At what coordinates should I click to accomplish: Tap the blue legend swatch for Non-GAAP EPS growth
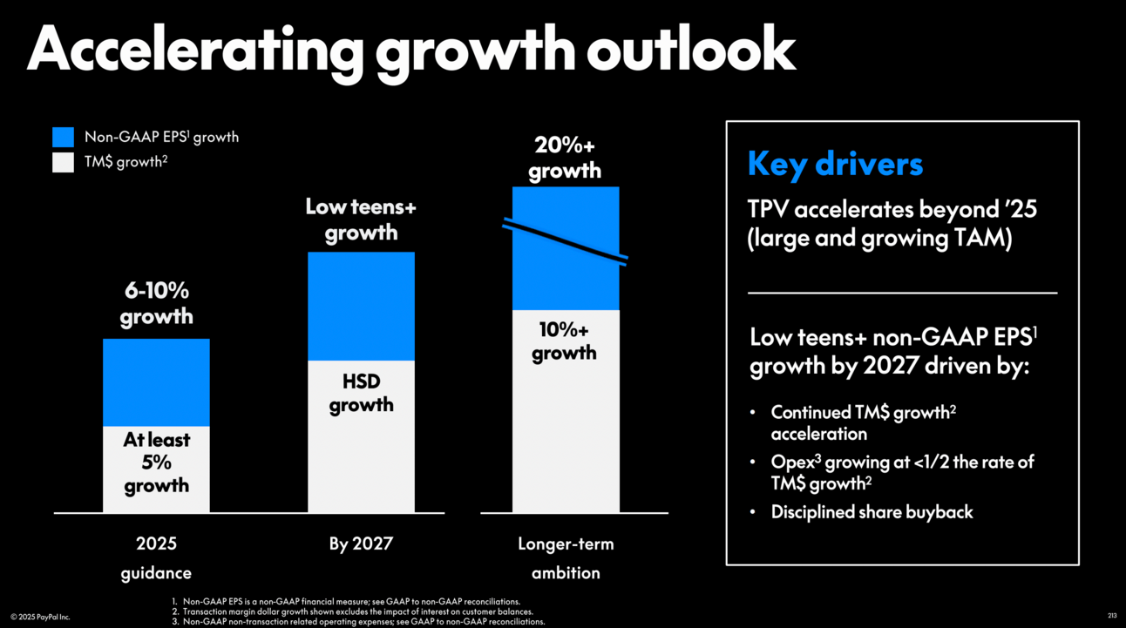pos(63,137)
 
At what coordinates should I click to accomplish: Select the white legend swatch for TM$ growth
pos(63,162)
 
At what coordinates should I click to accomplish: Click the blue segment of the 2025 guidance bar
pos(156,382)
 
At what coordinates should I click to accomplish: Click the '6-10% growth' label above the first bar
pos(156,303)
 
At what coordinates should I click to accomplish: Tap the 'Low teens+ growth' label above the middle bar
pos(361,219)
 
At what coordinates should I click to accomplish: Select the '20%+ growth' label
pos(565,158)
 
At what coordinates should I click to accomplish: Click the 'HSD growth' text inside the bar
pos(361,394)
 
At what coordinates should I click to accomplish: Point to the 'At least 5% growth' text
pos(156,463)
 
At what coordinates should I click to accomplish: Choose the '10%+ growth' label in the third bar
pos(565,341)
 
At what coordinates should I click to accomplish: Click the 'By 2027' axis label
pos(361,544)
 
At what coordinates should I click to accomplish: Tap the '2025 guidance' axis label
pos(156,558)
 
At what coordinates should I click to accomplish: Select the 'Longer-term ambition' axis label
pos(566,558)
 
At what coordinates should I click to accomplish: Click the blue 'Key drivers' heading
pos(834,165)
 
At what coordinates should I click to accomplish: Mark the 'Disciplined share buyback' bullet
pos(872,512)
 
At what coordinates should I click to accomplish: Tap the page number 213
pos(1111,616)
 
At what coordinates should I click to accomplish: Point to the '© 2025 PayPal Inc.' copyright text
pos(40,617)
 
